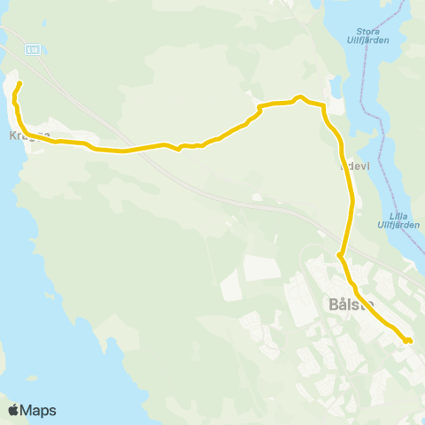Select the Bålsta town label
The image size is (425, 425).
pos(352,305)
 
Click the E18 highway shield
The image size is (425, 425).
pos(33,50)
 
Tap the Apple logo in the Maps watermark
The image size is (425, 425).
pos(14,410)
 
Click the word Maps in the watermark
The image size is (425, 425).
pos(39,410)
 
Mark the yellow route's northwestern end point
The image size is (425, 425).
pos(19,84)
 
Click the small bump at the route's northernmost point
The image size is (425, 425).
pos(301,97)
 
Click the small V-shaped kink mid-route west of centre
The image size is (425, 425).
pos(179,149)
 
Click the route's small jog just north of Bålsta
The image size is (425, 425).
pos(340,257)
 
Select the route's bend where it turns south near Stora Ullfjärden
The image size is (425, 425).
pos(325,110)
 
